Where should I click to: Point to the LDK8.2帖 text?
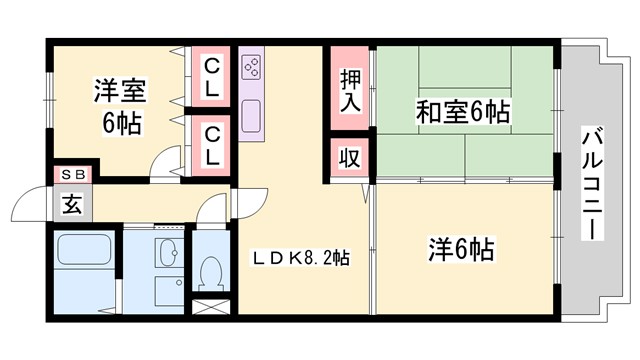pos(300,257)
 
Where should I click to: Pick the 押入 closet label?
pos(349,88)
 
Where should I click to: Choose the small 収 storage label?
pos(347,157)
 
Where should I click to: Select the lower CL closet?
pos(213,144)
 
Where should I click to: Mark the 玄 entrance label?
pos(73,205)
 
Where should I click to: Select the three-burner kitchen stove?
pos(253,68)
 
